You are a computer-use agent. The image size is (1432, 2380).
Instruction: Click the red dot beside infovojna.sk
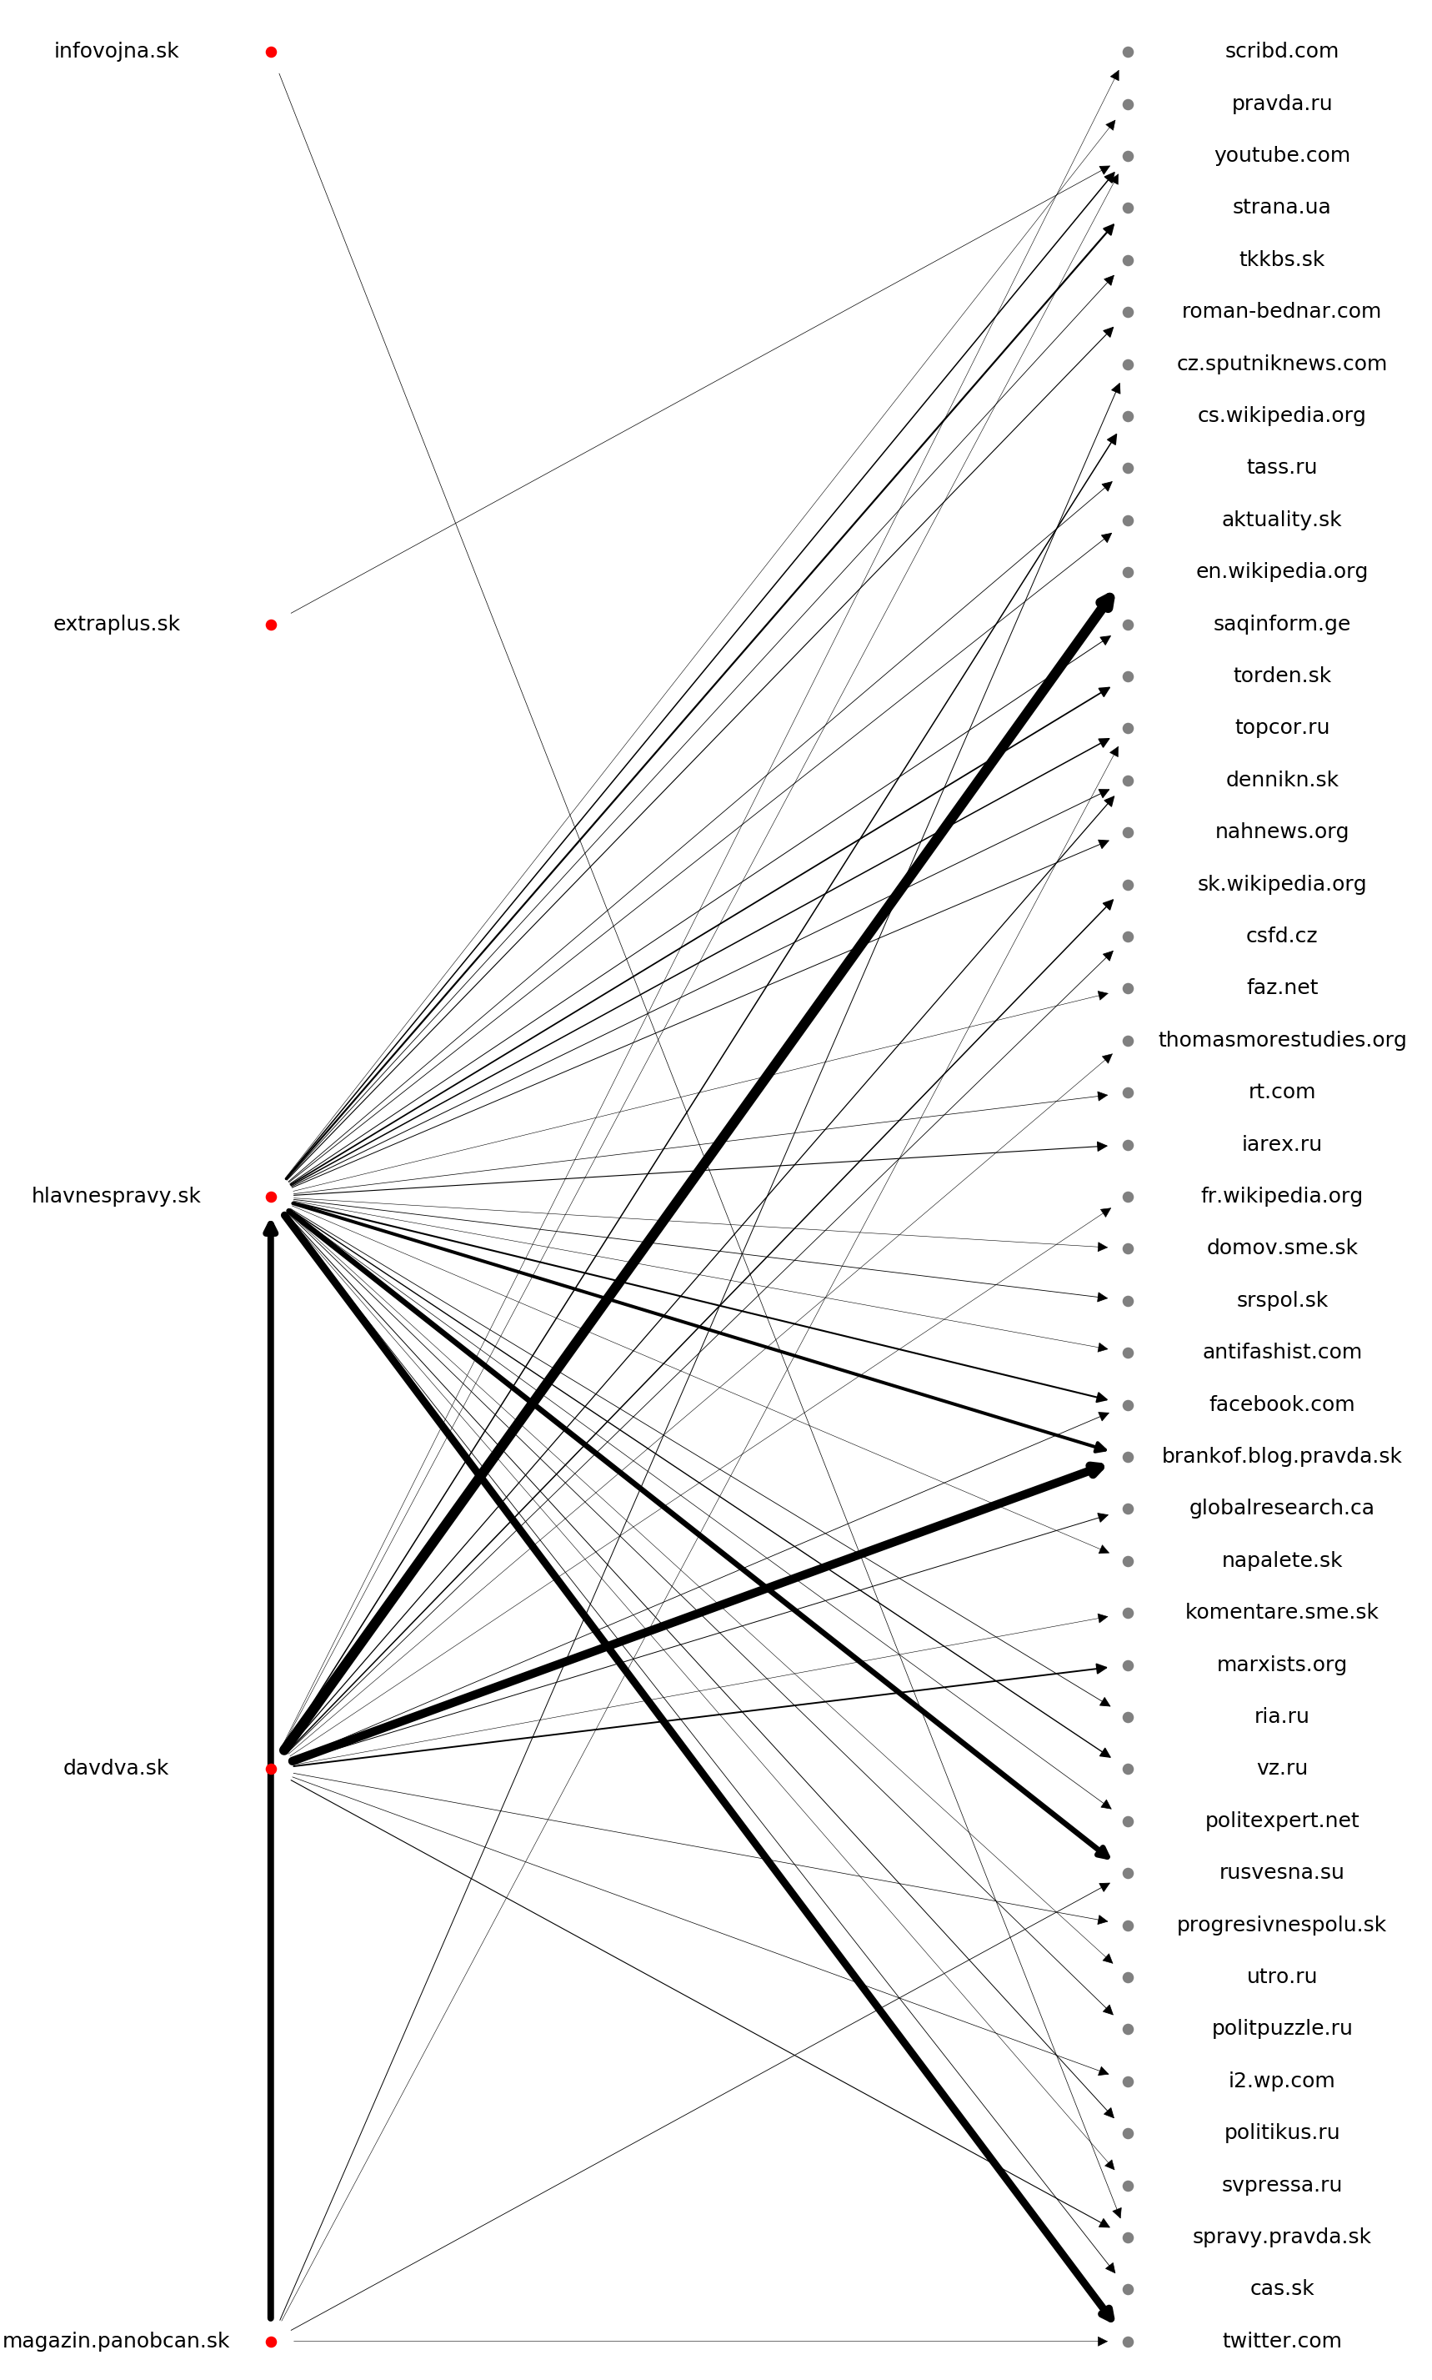pyautogui.click(x=271, y=52)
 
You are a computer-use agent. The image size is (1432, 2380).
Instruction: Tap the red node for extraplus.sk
pyautogui.click(x=271, y=625)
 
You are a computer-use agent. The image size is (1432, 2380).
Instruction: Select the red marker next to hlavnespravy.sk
pyautogui.click(x=271, y=1197)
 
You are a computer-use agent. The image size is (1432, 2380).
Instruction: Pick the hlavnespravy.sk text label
pyautogui.click(x=116, y=1196)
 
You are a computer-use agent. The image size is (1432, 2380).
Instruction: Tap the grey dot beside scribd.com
pyautogui.click(x=1128, y=52)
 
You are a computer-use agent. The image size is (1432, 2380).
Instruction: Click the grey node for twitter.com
pyautogui.click(x=1128, y=2342)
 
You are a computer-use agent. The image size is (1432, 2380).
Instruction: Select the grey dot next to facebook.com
pyautogui.click(x=1128, y=1405)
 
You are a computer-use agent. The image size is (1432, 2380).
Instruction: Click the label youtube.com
pyautogui.click(x=1281, y=155)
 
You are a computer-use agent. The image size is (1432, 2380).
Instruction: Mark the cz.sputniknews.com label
pyautogui.click(x=1281, y=364)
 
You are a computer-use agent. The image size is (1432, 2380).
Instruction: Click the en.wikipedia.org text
pyautogui.click(x=1281, y=571)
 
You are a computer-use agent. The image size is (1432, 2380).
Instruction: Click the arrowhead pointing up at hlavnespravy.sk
pyautogui.click(x=271, y=1228)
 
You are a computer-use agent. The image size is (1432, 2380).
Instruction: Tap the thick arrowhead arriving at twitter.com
pyautogui.click(x=1107, y=2313)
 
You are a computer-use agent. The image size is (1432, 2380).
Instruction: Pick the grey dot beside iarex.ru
pyautogui.click(x=1128, y=1146)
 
